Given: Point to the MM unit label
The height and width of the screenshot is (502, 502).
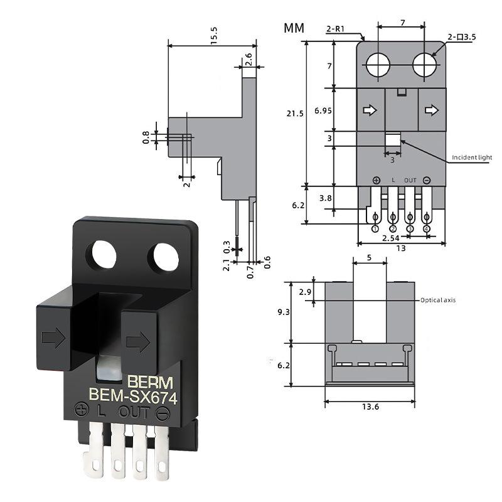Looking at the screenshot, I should [x=294, y=28].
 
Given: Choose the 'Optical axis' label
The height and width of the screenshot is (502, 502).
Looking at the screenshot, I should [x=438, y=300].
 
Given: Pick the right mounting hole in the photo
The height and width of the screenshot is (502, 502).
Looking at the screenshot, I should [x=163, y=258].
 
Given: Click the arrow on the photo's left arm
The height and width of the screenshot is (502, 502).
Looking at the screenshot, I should [x=53, y=339].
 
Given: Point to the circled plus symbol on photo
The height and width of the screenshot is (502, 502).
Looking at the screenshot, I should [x=81, y=410].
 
